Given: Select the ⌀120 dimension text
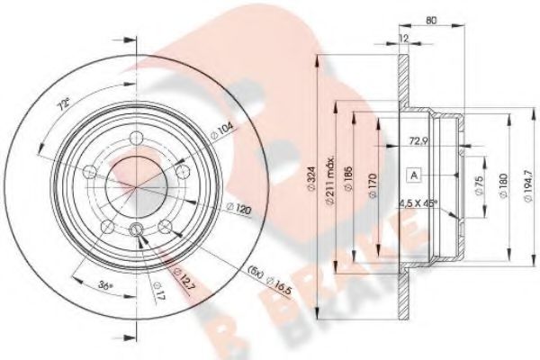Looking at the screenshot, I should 238,209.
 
